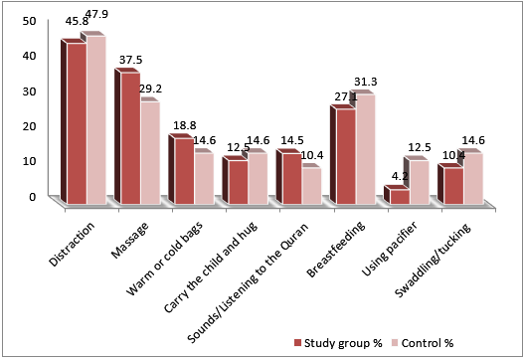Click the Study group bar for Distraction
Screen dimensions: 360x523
pyautogui.click(x=75, y=124)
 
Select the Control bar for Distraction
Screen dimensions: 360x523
pyautogui.click(x=93, y=119)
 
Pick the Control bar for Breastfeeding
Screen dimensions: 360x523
pyautogui.click(x=363, y=149)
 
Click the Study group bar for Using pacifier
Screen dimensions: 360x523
pyautogui.click(x=399, y=197)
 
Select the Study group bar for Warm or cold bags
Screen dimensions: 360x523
pyautogui.click(x=182, y=172)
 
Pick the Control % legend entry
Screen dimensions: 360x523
pyautogui.click(x=429, y=342)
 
